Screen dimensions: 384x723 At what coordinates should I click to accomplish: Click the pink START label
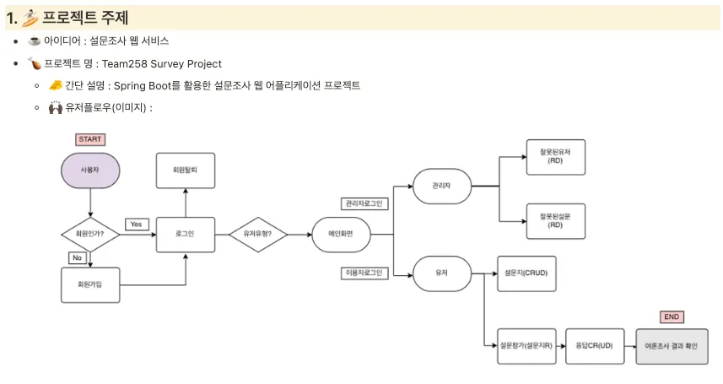click(x=89, y=139)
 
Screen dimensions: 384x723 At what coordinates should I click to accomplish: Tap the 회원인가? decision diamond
click(x=89, y=234)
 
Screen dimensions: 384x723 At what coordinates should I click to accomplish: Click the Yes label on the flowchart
click(x=137, y=224)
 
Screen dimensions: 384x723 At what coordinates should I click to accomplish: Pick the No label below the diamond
click(x=77, y=257)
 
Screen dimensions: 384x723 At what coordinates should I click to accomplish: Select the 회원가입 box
click(x=90, y=284)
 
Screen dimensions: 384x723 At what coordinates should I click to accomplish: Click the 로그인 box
click(x=186, y=234)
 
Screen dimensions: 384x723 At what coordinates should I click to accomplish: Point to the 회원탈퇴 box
click(x=186, y=170)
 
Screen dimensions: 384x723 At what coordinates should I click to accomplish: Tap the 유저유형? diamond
click(x=257, y=234)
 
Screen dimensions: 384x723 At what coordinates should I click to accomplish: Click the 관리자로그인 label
click(x=363, y=203)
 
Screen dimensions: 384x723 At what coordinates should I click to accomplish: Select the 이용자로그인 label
click(x=363, y=273)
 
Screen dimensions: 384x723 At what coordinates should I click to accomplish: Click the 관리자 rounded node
click(x=441, y=186)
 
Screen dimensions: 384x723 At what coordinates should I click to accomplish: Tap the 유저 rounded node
click(x=441, y=273)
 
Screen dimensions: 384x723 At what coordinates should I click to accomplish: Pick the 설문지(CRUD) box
click(x=527, y=273)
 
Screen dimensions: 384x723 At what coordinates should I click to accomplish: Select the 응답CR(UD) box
click(x=594, y=345)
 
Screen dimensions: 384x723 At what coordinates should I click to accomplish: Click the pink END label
click(x=672, y=317)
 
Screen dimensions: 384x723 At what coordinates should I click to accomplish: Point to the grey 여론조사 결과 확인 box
click(x=672, y=346)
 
